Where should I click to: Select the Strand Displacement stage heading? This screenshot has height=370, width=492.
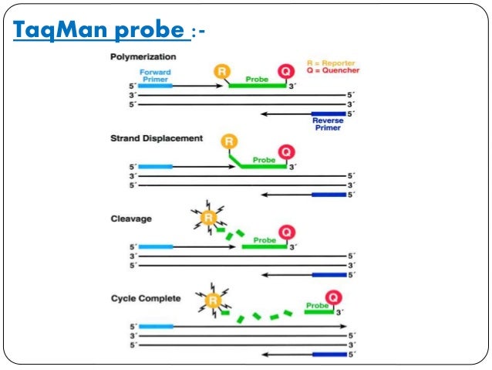pos(156,138)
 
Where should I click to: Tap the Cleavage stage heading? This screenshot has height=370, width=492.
pos(130,219)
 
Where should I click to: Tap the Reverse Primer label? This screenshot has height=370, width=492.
pos(328,124)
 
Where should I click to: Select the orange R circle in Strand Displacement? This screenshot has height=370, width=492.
pos(229,142)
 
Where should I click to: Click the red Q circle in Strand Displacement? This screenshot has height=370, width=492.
pos(286,151)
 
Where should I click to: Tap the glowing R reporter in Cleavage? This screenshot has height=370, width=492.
pos(207,219)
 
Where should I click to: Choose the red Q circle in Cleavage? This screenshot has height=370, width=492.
pos(286,231)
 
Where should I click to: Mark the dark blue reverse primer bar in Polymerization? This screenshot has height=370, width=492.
pos(327,114)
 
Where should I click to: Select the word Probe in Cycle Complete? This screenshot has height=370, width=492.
pos(317,306)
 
